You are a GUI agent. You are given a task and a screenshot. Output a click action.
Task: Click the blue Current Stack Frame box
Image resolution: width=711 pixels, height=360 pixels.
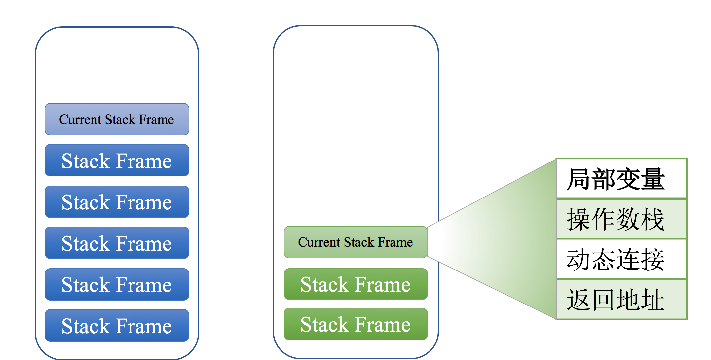click(117, 119)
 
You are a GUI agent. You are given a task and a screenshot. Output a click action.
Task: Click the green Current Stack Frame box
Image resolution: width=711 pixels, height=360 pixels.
click(356, 242)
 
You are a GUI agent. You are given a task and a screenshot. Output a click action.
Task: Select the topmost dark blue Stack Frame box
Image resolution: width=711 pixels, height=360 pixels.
click(117, 160)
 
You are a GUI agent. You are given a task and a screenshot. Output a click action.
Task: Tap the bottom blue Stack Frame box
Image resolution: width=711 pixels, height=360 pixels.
click(117, 325)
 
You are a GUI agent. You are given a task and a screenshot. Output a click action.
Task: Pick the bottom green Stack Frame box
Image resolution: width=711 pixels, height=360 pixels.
click(356, 324)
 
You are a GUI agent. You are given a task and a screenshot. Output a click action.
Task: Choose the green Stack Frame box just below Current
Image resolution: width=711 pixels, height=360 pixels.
click(356, 284)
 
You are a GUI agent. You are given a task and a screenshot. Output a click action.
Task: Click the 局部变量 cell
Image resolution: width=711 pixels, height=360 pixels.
click(621, 179)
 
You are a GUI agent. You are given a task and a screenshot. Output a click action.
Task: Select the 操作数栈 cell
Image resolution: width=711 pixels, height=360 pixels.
click(621, 219)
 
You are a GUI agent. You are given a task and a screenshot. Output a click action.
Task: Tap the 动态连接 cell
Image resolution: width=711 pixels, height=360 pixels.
click(621, 259)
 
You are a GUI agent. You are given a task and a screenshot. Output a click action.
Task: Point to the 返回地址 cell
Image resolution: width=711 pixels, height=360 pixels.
click(621, 300)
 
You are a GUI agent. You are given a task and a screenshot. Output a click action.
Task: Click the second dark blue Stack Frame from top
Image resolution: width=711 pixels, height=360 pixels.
click(117, 202)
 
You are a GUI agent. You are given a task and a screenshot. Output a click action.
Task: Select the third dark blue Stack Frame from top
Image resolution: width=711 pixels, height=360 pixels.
click(117, 243)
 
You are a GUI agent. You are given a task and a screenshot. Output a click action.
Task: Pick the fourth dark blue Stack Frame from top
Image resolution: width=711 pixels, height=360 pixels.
click(117, 284)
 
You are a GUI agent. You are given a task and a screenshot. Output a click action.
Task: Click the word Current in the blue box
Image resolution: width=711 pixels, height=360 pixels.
click(80, 120)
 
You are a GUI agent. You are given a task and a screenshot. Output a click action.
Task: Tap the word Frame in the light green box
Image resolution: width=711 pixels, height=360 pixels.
click(395, 242)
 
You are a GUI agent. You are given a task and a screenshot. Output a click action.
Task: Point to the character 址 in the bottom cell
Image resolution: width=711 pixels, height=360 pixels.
click(653, 300)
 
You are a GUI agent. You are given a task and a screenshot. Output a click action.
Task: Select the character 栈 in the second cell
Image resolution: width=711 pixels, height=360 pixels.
click(653, 219)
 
